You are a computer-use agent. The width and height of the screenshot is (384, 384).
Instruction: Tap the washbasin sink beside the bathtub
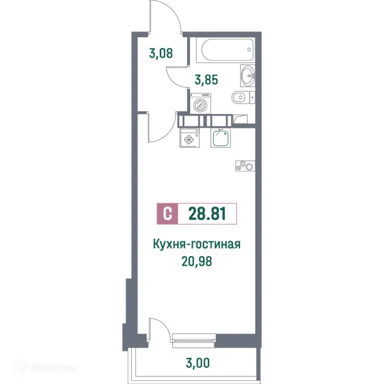(x=248, y=76)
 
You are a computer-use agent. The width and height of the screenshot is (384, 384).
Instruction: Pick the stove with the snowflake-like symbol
(x=190, y=138)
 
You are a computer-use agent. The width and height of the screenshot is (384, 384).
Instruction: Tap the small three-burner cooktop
(x=243, y=166)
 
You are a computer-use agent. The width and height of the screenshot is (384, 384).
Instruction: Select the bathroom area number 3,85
(x=206, y=81)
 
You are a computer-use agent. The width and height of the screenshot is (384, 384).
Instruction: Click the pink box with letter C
(x=167, y=214)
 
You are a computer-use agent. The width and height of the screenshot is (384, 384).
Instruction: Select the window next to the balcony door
(x=195, y=336)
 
